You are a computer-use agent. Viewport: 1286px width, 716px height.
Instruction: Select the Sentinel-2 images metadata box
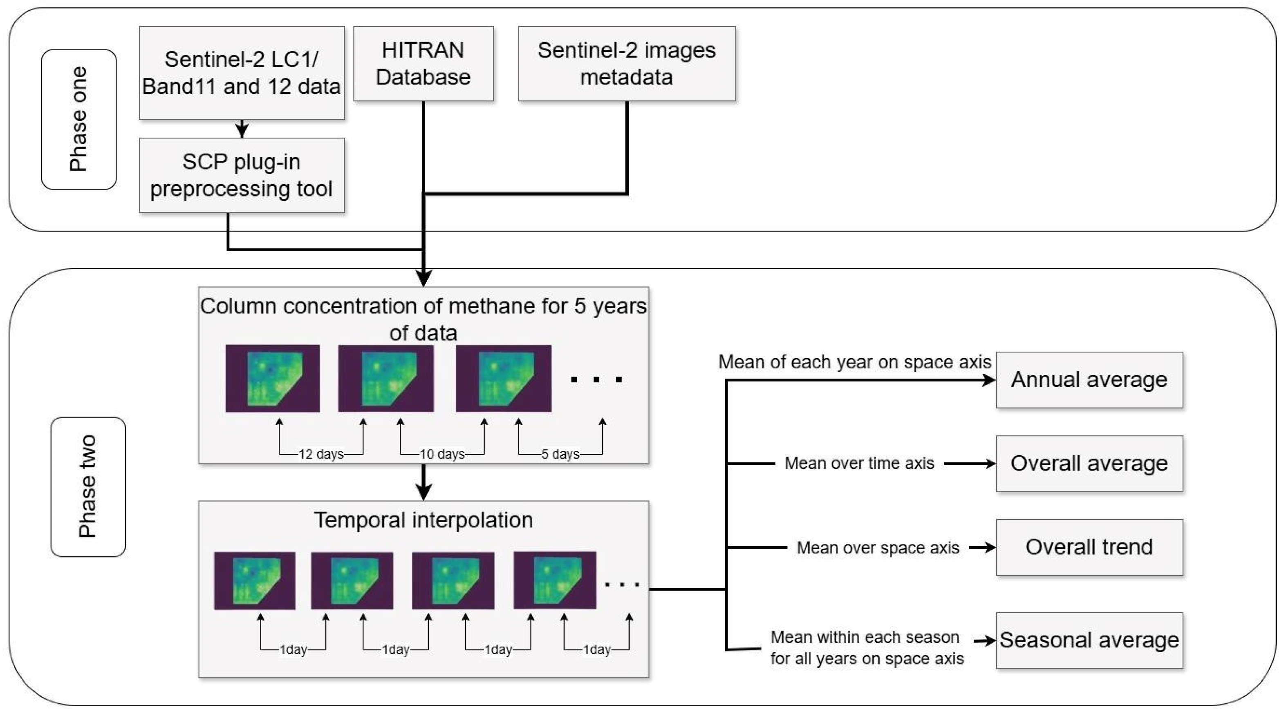coord(627,63)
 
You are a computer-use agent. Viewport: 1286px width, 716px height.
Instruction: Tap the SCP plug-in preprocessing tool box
coord(242,175)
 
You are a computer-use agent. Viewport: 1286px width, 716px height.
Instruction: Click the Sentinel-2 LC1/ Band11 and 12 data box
coord(242,73)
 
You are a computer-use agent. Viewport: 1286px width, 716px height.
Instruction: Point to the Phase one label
coord(79,119)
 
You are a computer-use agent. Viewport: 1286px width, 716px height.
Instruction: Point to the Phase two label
coord(88,486)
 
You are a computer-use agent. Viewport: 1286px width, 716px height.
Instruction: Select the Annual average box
coord(1089,380)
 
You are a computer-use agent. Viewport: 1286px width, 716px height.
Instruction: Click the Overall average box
coord(1089,464)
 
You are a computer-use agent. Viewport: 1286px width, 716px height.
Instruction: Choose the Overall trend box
coord(1089,547)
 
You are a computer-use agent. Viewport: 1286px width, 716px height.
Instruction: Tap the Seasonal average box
coord(1089,640)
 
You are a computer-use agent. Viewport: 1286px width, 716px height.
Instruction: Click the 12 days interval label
coord(321,454)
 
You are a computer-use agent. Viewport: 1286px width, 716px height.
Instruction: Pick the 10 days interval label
coord(442,454)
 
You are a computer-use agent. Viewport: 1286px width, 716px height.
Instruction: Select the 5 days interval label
coord(560,454)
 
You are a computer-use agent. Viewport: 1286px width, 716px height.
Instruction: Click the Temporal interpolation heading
coord(423,520)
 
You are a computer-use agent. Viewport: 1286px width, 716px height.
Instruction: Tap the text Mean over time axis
coord(859,463)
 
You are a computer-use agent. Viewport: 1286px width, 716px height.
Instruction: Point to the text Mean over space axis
coord(877,548)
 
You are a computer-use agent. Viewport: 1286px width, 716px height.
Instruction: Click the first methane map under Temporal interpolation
coord(255,581)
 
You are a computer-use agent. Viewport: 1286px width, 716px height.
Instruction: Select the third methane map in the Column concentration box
coord(503,378)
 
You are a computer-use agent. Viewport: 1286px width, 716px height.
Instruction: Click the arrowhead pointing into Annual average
coord(988,380)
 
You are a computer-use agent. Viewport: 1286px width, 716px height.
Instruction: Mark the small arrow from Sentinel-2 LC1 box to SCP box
coord(242,129)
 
